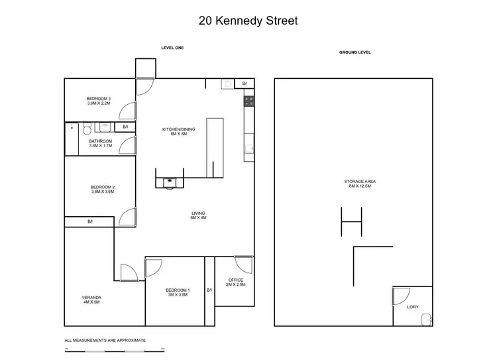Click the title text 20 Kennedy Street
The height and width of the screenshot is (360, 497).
[248, 21]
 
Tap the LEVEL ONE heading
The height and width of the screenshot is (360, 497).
[172, 48]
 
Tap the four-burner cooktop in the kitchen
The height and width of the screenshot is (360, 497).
[249, 101]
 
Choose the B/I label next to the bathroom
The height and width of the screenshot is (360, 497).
[125, 127]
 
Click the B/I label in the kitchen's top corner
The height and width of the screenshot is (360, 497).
[245, 84]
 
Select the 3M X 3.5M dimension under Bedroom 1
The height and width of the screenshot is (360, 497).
[178, 294]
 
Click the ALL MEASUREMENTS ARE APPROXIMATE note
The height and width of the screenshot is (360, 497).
[105, 340]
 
